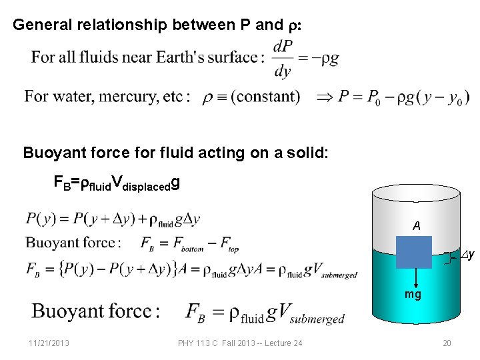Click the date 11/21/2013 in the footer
click(49, 343)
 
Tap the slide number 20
click(447, 343)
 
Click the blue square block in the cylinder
click(413, 252)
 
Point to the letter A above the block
click(416, 227)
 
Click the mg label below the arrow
click(413, 294)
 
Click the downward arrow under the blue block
click(414, 277)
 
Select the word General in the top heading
click(45, 25)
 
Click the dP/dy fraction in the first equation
click(283, 59)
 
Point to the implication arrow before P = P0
click(323, 97)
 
